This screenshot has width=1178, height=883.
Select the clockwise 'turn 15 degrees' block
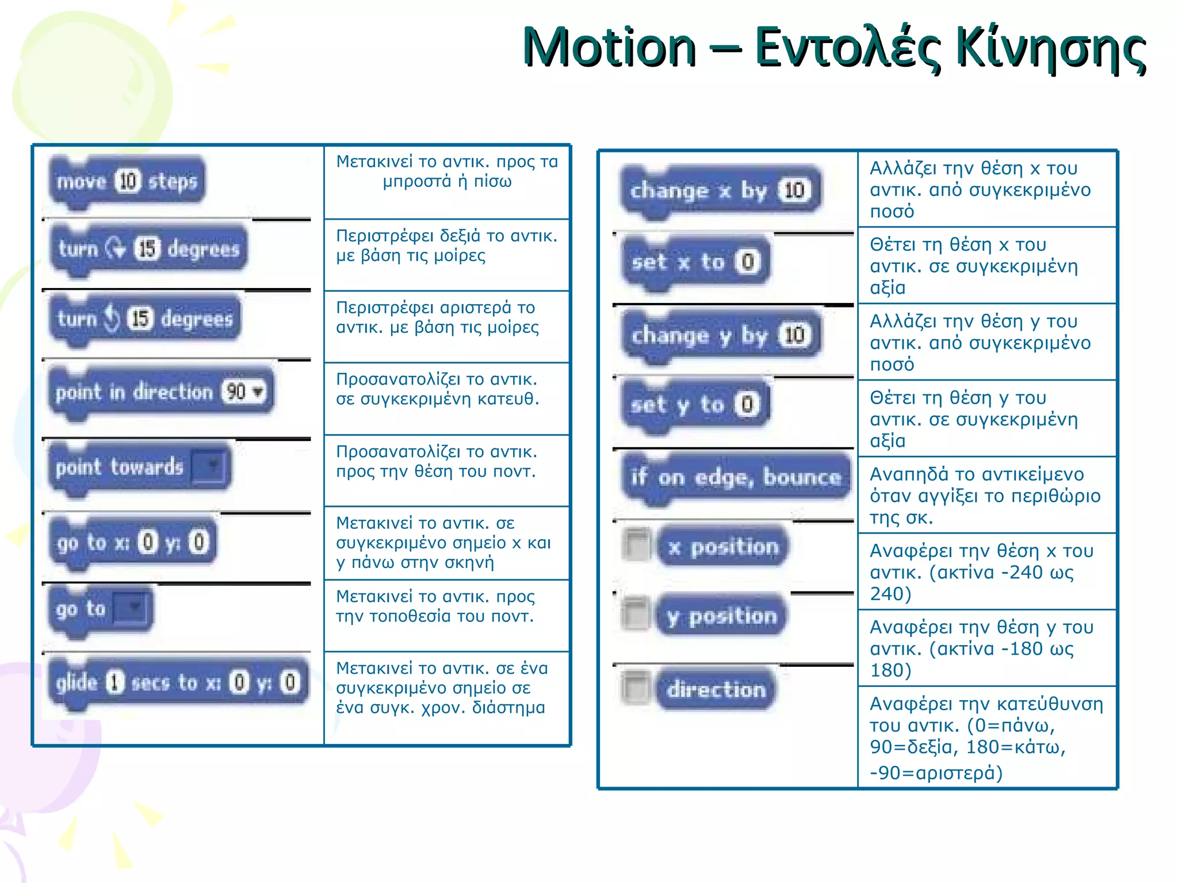point(148,249)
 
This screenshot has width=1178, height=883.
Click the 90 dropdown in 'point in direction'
point(244,392)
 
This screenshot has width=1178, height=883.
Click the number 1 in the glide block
point(114,682)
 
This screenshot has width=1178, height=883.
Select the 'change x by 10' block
point(721,190)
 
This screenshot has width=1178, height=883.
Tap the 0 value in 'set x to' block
point(747,262)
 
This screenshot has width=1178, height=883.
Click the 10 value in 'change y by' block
point(794,335)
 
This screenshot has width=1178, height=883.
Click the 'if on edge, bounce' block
point(735,477)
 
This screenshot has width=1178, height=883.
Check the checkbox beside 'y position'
point(636,615)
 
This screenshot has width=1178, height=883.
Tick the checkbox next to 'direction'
point(636,687)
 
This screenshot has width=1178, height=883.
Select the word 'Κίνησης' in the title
point(1050,48)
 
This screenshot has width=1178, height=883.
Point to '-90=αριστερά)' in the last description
point(936,773)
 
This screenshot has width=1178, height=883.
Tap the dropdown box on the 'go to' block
point(132,608)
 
